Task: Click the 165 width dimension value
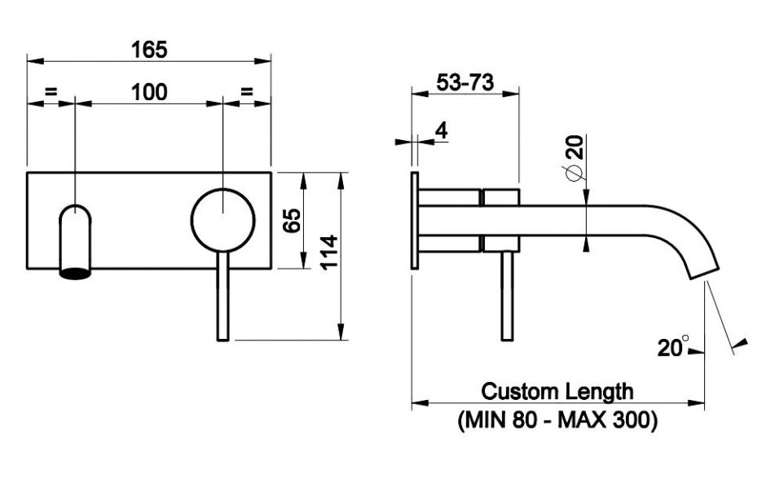point(149,49)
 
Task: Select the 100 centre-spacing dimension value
point(149,92)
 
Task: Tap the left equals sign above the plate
point(51,92)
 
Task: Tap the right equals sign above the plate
point(247,92)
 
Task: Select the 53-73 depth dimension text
point(465,82)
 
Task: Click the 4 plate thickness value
point(441,130)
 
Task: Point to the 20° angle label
point(673,348)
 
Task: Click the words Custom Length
point(557,391)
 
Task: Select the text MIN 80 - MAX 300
point(557,420)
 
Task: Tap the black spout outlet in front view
point(74,273)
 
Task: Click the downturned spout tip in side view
point(702,260)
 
